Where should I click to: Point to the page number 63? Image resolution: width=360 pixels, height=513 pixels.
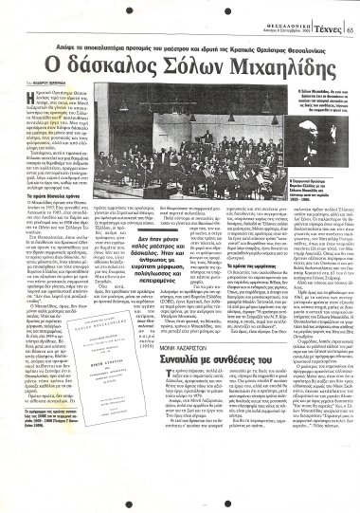tap(351, 10)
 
